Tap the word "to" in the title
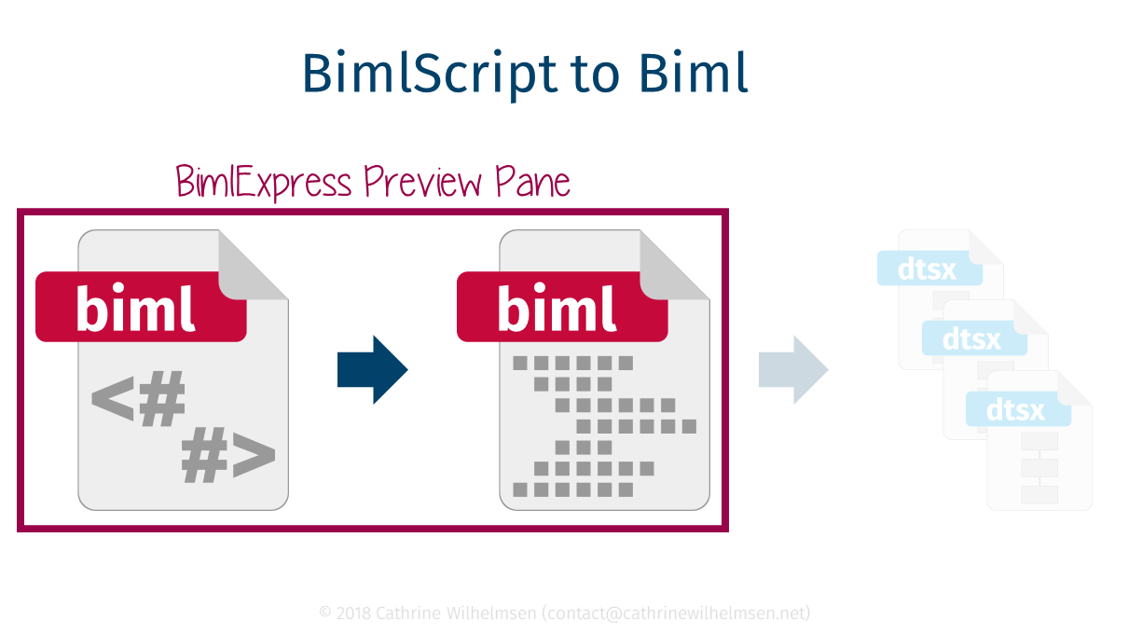click(x=595, y=75)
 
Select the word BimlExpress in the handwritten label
click(x=264, y=182)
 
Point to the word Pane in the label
click(x=532, y=182)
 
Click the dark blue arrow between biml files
click(x=372, y=370)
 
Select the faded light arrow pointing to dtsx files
click(x=793, y=370)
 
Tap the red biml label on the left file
click(x=140, y=307)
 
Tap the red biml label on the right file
click(x=561, y=307)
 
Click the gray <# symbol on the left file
click(x=138, y=402)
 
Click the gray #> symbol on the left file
click(x=228, y=458)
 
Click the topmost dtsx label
click(x=929, y=269)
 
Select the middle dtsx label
click(x=973, y=338)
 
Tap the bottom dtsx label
click(x=1017, y=408)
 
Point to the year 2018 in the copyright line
click(x=352, y=613)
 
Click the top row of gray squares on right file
click(x=573, y=362)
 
